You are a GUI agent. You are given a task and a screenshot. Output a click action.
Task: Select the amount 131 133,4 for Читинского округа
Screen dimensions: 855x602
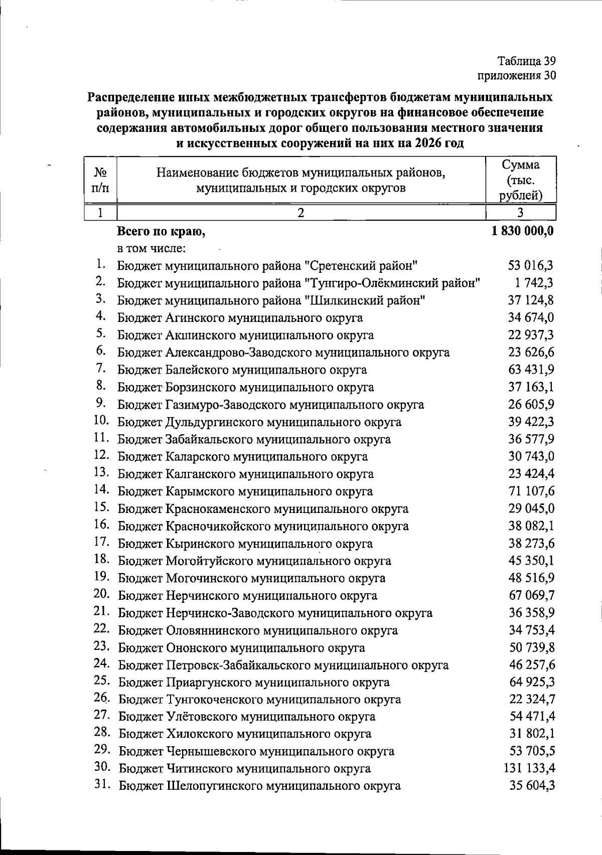tap(529, 768)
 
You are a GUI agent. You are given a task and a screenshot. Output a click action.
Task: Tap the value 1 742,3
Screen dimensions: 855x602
tap(534, 283)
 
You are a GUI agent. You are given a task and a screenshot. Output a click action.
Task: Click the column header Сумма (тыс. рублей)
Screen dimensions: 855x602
tap(521, 180)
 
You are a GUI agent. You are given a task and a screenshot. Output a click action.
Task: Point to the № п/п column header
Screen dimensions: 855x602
tap(101, 180)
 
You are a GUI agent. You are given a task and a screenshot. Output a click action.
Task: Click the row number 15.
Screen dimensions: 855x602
tap(102, 507)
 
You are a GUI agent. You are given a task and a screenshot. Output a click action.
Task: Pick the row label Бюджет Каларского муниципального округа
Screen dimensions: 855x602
tap(243, 457)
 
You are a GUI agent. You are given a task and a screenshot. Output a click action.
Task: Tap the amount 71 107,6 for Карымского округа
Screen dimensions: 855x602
tap(532, 491)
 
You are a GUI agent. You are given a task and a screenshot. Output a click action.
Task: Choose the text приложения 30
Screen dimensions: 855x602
tap(516, 76)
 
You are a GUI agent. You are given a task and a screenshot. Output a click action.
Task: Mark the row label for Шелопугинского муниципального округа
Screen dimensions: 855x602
tap(260, 785)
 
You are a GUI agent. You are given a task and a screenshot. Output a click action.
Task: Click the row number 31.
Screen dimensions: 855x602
tap(102, 784)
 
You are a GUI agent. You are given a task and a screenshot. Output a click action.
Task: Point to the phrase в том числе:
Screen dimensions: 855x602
tap(152, 248)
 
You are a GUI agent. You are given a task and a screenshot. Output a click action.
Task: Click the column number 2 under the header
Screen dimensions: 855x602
tap(301, 212)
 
